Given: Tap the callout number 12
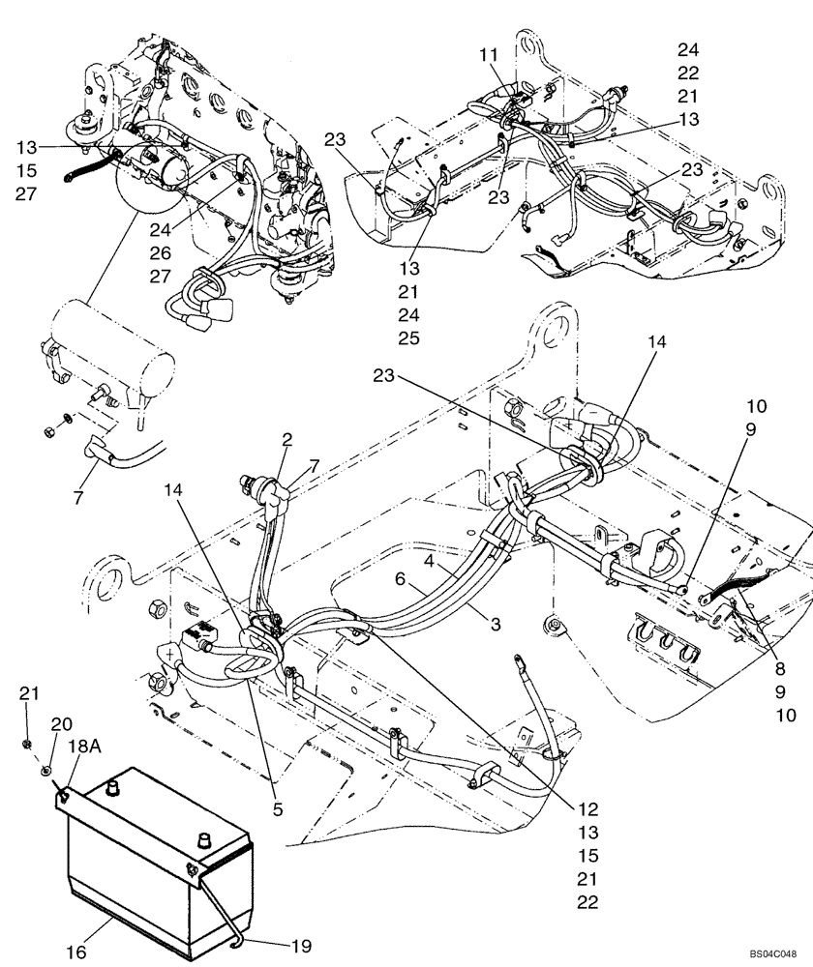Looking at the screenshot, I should click(x=588, y=809).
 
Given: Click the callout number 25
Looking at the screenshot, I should click(x=406, y=337).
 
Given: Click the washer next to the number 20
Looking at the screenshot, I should click(x=45, y=770).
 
